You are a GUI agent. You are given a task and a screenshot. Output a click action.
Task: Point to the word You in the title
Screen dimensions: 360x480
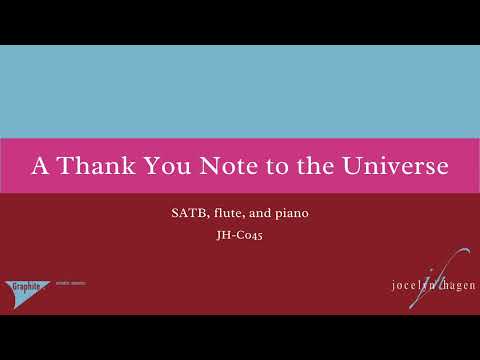click(161, 165)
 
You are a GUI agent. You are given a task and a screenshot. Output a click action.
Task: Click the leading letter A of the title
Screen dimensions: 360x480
click(39, 165)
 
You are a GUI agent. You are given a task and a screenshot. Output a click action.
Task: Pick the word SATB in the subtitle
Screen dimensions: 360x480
click(185, 214)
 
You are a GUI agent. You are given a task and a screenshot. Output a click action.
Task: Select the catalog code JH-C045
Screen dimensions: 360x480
click(239, 237)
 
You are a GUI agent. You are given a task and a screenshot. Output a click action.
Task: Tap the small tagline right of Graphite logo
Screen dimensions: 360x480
click(70, 283)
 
